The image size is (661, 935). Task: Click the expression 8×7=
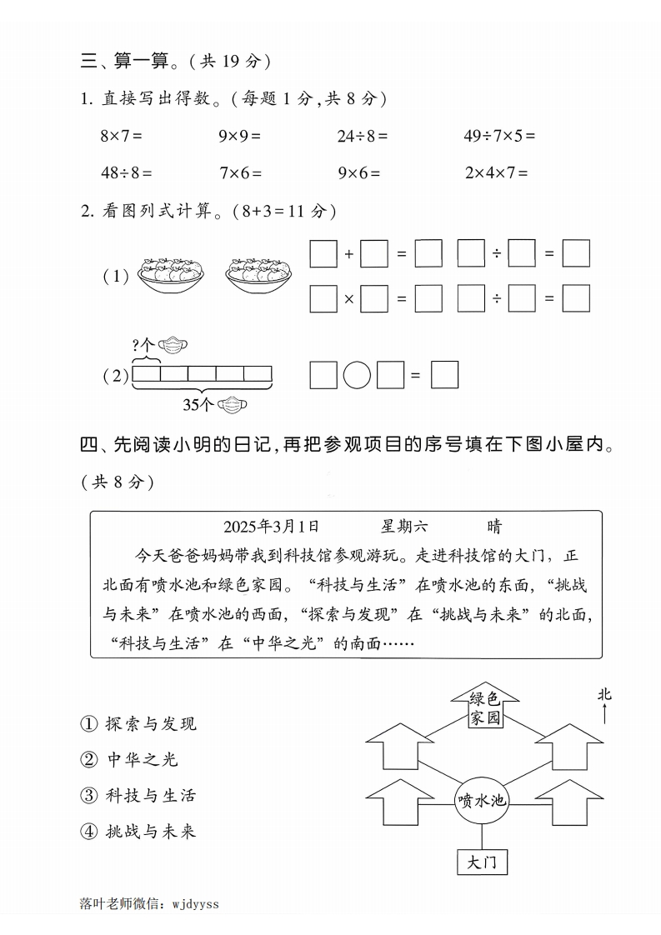click(122, 135)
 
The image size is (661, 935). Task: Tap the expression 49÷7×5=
click(499, 135)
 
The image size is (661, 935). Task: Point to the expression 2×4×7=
click(497, 173)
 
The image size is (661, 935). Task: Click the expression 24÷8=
click(363, 135)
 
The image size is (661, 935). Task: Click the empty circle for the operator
click(357, 375)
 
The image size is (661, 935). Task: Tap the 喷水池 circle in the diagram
click(482, 800)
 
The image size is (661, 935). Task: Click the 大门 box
click(482, 862)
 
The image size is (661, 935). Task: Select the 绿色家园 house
click(484, 708)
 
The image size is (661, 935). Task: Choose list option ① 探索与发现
click(138, 723)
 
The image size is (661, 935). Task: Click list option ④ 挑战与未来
click(138, 831)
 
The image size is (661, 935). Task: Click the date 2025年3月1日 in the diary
click(271, 527)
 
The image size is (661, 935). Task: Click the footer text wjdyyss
click(194, 903)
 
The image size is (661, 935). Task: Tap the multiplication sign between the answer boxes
click(350, 298)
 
